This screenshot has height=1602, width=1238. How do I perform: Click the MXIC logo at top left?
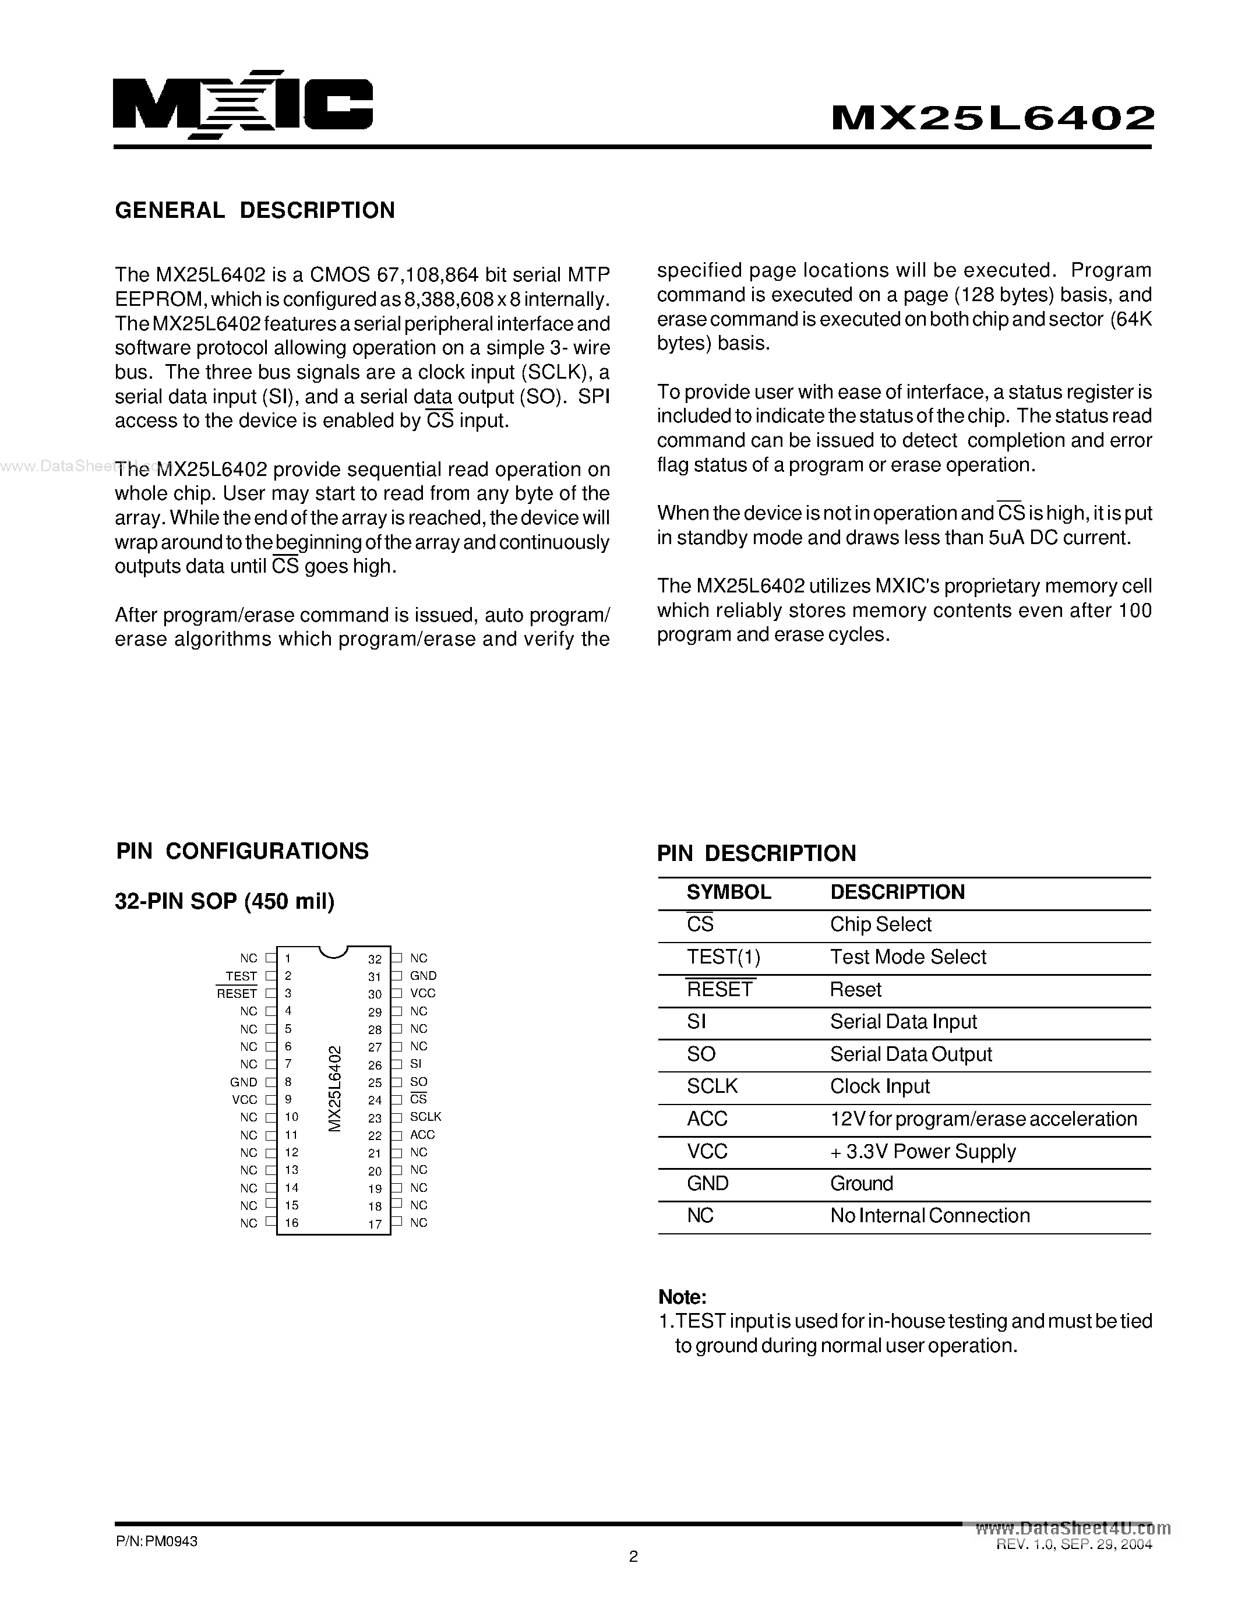[x=242, y=104]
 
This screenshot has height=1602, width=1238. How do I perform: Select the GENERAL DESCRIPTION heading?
[x=255, y=210]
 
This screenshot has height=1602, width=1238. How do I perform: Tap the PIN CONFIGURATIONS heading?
[x=242, y=851]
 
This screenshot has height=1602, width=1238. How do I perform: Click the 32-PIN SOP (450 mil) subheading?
[x=224, y=901]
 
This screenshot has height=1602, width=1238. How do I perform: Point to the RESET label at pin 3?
[x=237, y=994]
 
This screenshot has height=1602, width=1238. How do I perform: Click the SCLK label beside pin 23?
[x=425, y=1116]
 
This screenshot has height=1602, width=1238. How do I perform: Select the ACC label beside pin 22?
[x=422, y=1135]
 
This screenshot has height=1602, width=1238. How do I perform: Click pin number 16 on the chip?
[x=291, y=1223]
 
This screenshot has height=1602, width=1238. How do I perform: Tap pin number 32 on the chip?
[x=375, y=959]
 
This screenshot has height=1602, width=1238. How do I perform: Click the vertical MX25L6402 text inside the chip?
[x=334, y=1089]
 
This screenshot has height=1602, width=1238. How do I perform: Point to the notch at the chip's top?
[x=333, y=952]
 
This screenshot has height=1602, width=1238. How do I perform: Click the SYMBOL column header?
[x=728, y=892]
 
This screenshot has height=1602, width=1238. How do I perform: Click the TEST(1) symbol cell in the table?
[x=723, y=957]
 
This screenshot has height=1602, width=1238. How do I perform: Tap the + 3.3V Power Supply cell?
[x=923, y=1152]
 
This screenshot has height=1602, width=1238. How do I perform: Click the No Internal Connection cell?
[x=929, y=1215]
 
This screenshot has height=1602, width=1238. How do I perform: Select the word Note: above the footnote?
[x=682, y=1297]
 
